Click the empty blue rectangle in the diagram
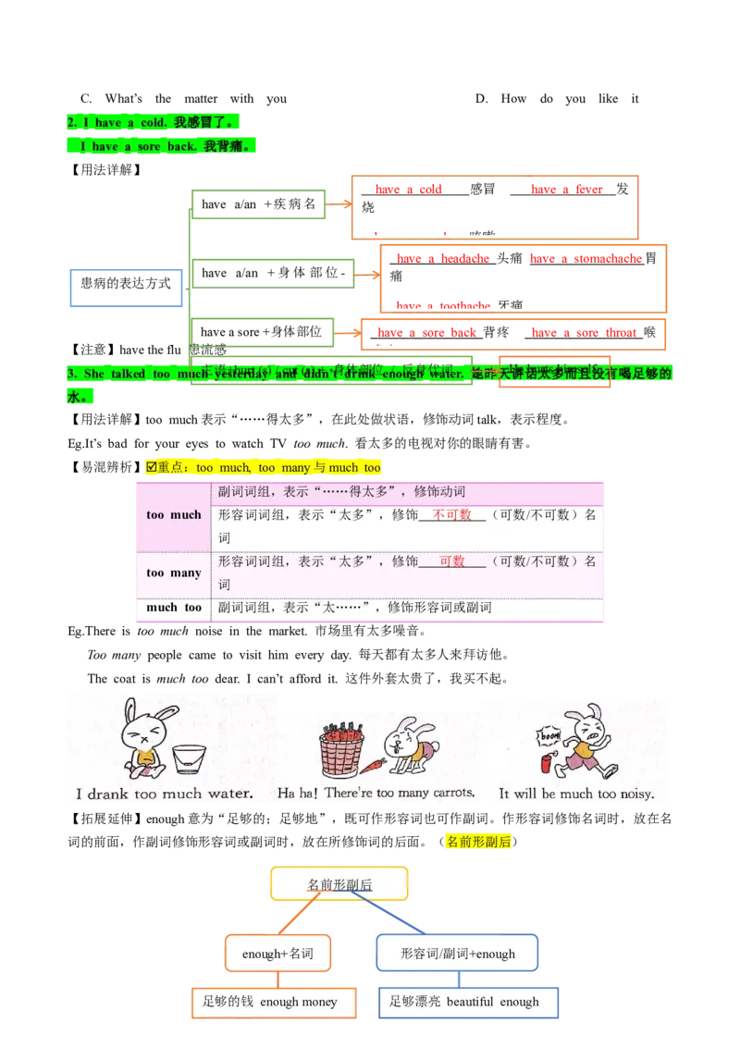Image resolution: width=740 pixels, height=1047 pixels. pyautogui.click(x=125, y=289)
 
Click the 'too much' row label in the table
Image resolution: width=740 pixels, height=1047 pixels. pyautogui.click(x=174, y=515)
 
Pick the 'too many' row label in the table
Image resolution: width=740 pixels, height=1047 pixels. pyautogui.click(x=174, y=573)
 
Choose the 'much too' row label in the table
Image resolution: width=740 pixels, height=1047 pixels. pyautogui.click(x=174, y=608)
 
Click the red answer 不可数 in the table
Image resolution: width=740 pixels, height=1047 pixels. pyautogui.click(x=451, y=515)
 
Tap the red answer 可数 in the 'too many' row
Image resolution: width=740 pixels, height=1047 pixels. pyautogui.click(x=452, y=561)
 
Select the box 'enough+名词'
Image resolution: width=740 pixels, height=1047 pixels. pyautogui.click(x=277, y=954)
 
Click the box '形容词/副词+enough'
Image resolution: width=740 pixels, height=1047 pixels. pyautogui.click(x=457, y=954)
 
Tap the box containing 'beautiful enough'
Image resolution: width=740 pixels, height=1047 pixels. pyautogui.click(x=470, y=1002)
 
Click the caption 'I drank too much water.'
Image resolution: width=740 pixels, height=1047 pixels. pyautogui.click(x=165, y=794)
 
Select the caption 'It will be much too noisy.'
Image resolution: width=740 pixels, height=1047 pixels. pyautogui.click(x=575, y=794)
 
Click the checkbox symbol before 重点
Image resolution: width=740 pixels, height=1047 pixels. pyautogui.click(x=151, y=467)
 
